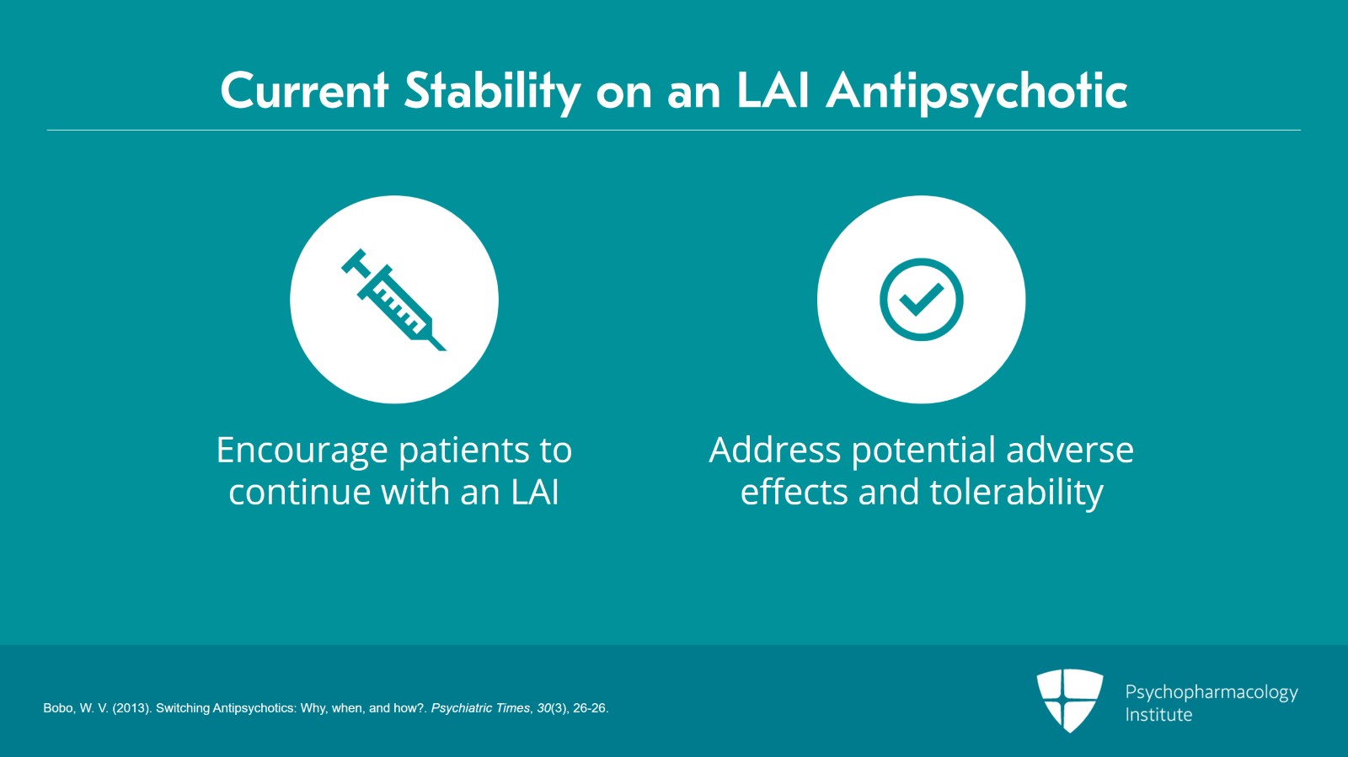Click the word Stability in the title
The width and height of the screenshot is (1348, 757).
(492, 91)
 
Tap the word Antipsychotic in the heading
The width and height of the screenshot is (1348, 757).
(976, 91)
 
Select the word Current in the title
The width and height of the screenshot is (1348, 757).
(304, 91)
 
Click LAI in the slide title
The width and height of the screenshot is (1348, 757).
(773, 91)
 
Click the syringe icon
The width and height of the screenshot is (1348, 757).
(393, 300)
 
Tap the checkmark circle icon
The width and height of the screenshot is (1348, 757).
(921, 300)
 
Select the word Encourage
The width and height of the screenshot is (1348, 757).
(302, 451)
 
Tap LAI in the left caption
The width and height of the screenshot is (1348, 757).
(535, 492)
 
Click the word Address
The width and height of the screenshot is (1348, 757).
(775, 450)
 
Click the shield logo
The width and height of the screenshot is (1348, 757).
(1070, 700)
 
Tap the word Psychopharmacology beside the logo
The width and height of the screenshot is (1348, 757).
(1212, 692)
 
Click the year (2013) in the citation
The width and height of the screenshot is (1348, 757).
(131, 708)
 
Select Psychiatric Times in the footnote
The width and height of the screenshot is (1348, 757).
(480, 708)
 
